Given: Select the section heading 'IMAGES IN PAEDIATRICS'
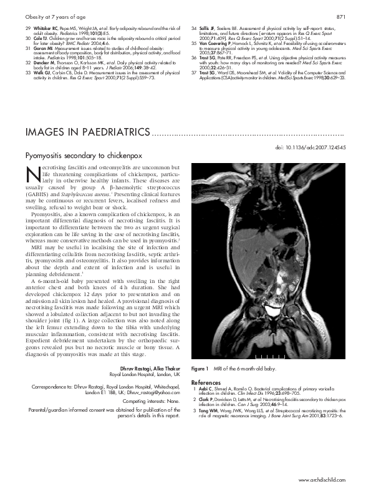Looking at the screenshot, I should point(87,132).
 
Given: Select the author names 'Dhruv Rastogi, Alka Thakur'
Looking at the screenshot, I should point(149,368).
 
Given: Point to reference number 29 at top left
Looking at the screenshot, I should point(27,29).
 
